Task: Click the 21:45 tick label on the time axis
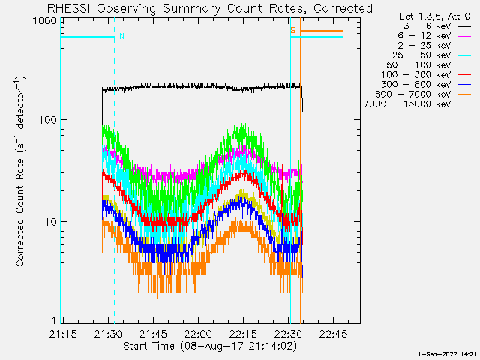click(153, 334)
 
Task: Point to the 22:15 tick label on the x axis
click(243, 334)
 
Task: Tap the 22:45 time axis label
click(333, 334)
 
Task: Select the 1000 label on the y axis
click(45, 21)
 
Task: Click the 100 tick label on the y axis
click(48, 120)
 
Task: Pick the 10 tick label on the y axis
click(51, 222)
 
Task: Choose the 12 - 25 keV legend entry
click(432, 46)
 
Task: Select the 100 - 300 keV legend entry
click(426, 75)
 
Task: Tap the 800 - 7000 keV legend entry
click(423, 94)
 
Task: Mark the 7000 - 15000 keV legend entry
click(418, 104)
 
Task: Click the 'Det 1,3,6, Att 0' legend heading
click(434, 16)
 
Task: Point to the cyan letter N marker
click(121, 36)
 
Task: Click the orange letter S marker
click(293, 30)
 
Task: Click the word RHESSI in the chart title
click(68, 8)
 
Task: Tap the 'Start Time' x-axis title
click(148, 346)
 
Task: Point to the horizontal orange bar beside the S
click(322, 31)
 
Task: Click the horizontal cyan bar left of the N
click(88, 37)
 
